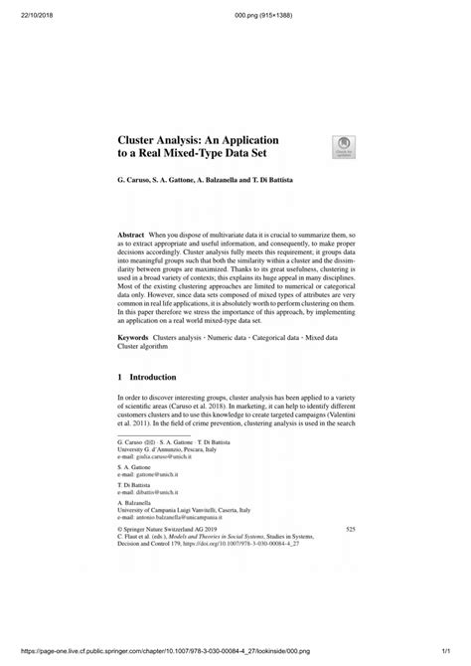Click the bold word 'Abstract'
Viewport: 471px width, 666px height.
tap(134, 235)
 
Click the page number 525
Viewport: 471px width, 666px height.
tap(348, 532)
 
